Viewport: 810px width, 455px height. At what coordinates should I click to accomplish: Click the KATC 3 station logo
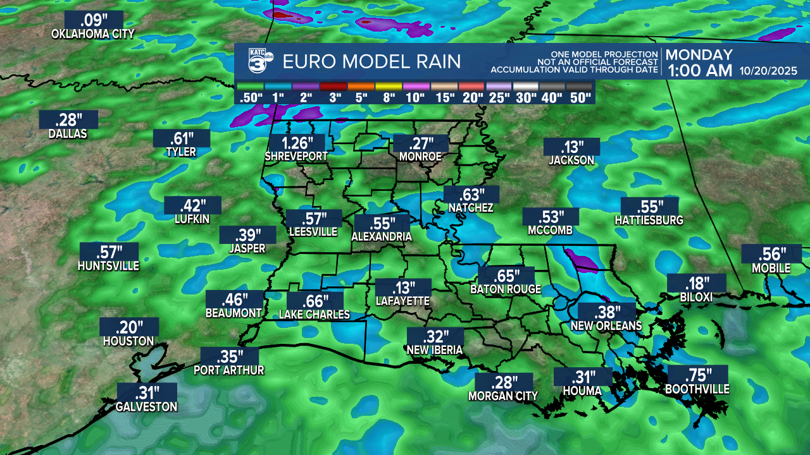click(259, 61)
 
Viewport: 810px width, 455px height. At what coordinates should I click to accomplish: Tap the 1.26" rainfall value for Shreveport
click(296, 143)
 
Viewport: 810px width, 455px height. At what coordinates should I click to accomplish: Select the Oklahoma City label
click(93, 34)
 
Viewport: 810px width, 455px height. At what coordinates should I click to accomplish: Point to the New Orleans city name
click(606, 326)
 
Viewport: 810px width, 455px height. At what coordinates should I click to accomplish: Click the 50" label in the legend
click(580, 97)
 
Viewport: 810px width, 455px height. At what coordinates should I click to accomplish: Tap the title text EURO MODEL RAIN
click(371, 61)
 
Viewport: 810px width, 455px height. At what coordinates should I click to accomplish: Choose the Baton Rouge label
click(506, 289)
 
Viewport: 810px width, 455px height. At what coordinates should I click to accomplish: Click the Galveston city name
click(146, 407)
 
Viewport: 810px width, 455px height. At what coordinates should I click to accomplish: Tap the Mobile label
click(771, 269)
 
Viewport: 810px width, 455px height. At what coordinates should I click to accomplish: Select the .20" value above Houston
click(129, 327)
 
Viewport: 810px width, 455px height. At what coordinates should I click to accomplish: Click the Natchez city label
click(471, 208)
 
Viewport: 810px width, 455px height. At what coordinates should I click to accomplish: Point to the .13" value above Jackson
click(571, 147)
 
